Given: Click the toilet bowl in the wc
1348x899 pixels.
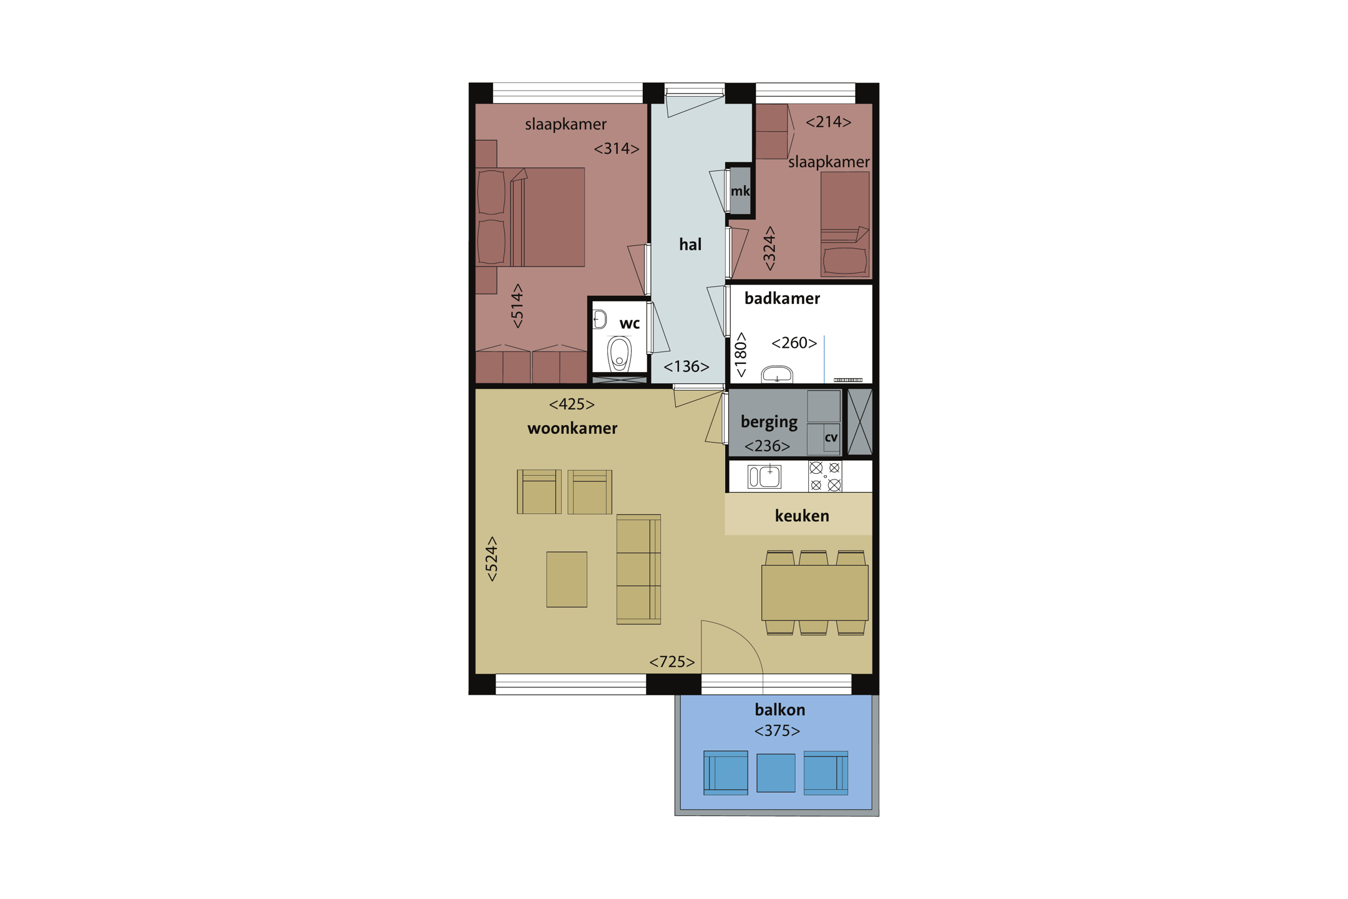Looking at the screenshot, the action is coord(619,354).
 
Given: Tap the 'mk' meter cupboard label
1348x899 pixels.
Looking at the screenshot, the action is coord(740,191).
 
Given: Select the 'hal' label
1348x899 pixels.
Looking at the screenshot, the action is coord(690,244).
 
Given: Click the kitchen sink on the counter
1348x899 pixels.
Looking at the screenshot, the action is coord(764,476).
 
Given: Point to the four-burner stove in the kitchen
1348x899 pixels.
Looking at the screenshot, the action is coord(825,476).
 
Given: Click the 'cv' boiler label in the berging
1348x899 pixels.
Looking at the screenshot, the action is coord(831,438).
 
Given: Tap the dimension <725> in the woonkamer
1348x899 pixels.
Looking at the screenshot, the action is coord(672,662).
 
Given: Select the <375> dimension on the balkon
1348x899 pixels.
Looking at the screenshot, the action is coord(777,730).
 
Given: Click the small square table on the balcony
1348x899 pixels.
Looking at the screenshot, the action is coord(776,773).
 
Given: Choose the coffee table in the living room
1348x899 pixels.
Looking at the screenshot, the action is coord(567,579).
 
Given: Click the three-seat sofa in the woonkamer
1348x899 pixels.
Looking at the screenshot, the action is coord(638,569).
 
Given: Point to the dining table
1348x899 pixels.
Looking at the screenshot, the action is coord(814,592).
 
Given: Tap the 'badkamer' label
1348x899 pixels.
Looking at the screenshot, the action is coord(782,298).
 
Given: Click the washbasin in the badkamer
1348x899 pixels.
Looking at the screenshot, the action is coord(777,374).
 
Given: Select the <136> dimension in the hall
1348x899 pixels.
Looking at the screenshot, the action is coord(686,366).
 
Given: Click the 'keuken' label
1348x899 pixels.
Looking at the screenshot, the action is coord(802,516).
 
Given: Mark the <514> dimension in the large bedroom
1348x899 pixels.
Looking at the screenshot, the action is coord(517,306).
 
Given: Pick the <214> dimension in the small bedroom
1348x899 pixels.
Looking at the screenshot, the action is coord(829,122).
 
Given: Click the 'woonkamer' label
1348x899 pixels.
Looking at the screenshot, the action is coord(572,428).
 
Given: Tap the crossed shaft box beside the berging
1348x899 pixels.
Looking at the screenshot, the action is coord(859,422).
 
